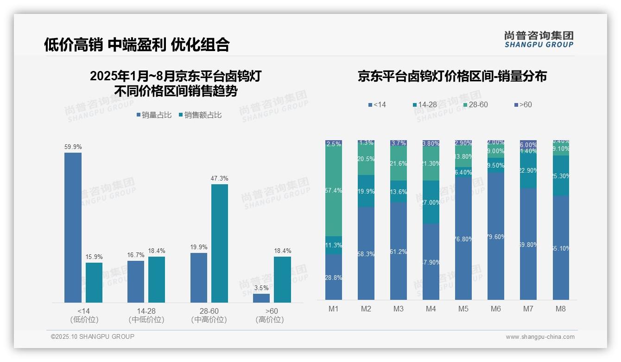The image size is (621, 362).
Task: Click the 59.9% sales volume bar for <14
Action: (73, 227)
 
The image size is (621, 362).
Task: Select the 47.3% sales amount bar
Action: (220, 243)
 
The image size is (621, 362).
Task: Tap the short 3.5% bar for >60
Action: (261, 298)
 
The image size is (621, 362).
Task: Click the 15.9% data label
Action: (94, 257)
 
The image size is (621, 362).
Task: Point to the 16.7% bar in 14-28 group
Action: (136, 281)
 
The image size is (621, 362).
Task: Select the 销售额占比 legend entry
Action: (200, 115)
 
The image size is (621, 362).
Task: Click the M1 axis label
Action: (334, 309)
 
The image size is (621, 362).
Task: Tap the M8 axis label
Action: (561, 309)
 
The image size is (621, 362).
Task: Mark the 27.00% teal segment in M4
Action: (431, 202)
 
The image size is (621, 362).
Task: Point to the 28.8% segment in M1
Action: (334, 277)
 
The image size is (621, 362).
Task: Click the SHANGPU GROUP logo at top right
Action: (539, 39)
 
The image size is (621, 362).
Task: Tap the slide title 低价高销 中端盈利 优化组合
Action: (137, 45)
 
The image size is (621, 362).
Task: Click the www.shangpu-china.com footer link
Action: (540, 337)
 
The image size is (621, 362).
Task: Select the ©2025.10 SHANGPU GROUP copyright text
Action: (93, 336)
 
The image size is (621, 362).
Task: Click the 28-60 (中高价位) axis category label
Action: (209, 315)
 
